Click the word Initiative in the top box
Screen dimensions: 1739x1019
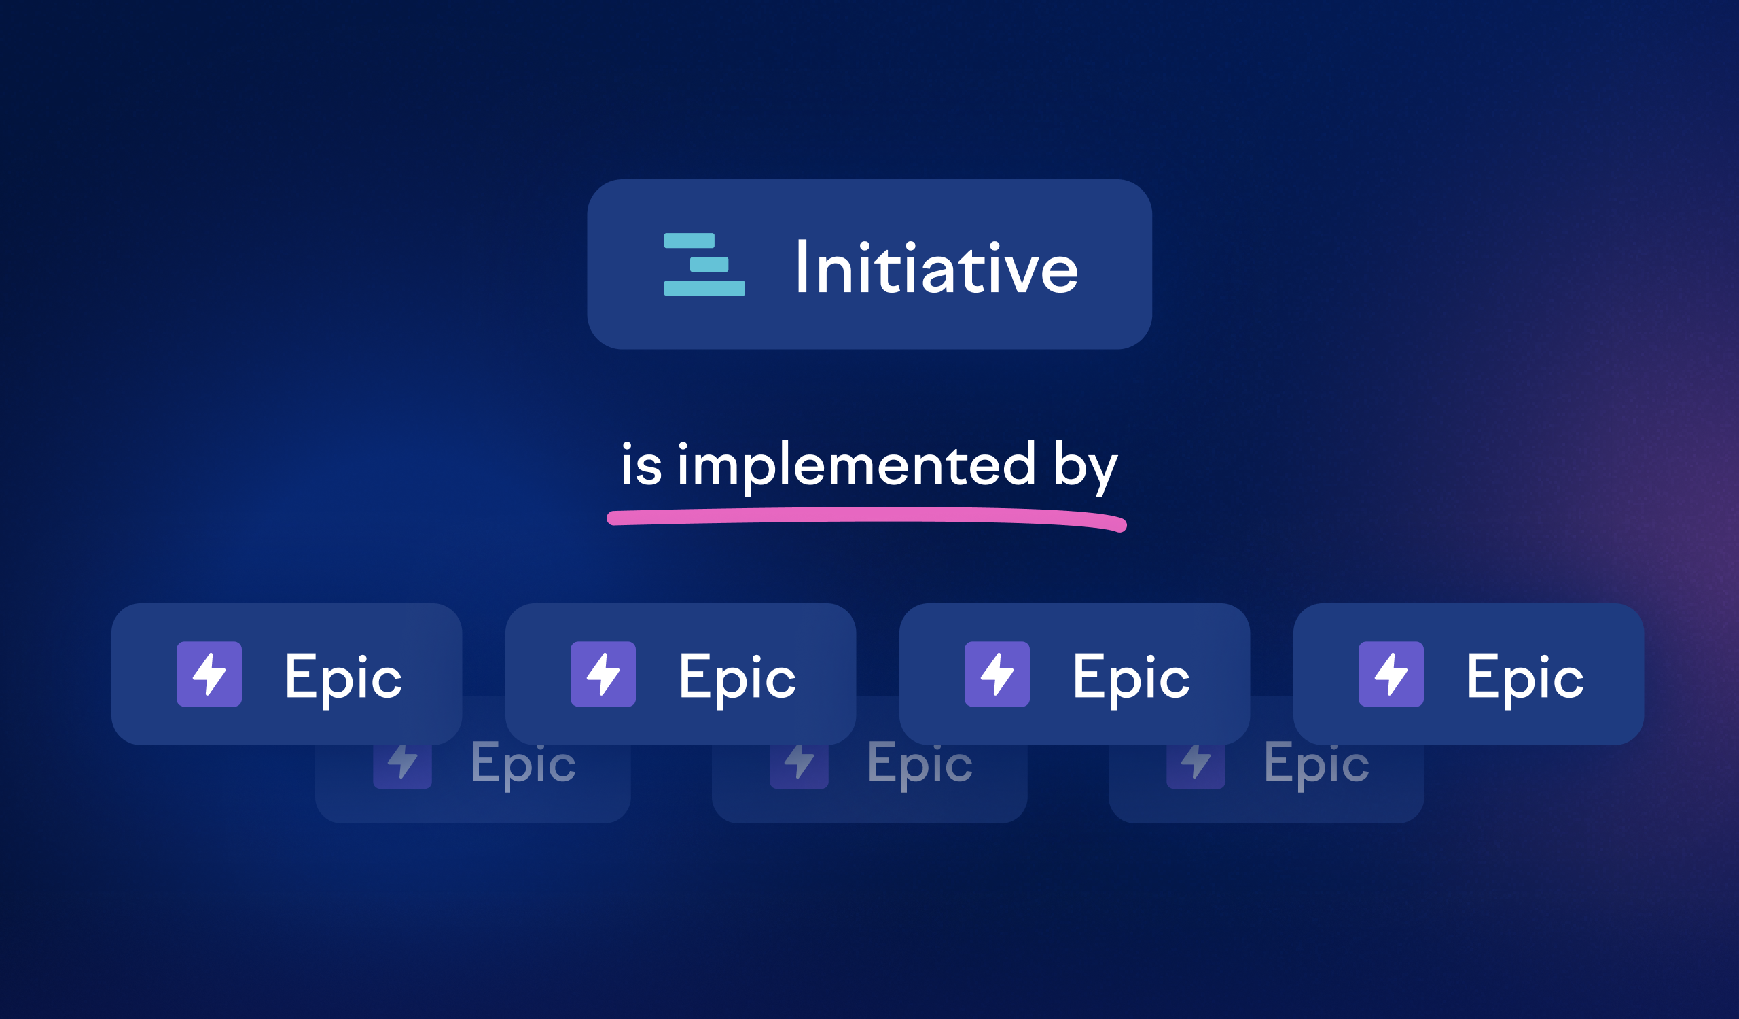click(x=937, y=266)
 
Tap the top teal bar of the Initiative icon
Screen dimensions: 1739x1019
click(x=689, y=240)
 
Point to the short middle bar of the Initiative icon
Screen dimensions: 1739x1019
click(x=709, y=264)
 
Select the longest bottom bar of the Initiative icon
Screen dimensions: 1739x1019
click(x=704, y=289)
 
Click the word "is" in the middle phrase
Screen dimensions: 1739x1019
click(x=642, y=463)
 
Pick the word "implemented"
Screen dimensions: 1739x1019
click(x=857, y=467)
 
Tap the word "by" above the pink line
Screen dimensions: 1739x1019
click(x=1086, y=467)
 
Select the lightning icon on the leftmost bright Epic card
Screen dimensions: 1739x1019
click(x=209, y=674)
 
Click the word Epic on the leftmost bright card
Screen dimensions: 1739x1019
click(x=344, y=679)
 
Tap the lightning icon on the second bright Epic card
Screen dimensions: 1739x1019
click(x=603, y=674)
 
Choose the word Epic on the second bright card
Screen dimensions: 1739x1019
click(x=738, y=679)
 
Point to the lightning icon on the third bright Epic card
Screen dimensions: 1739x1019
click(x=997, y=674)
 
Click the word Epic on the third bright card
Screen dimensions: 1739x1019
click(x=1132, y=679)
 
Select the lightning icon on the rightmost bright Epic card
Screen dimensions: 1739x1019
click(x=1391, y=674)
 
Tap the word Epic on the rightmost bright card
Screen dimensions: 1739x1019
click(x=1526, y=679)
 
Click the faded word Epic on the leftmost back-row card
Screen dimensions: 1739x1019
click(x=523, y=765)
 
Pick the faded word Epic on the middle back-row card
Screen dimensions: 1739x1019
click(x=920, y=765)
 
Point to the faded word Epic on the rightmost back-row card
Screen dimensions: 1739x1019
click(x=1316, y=765)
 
